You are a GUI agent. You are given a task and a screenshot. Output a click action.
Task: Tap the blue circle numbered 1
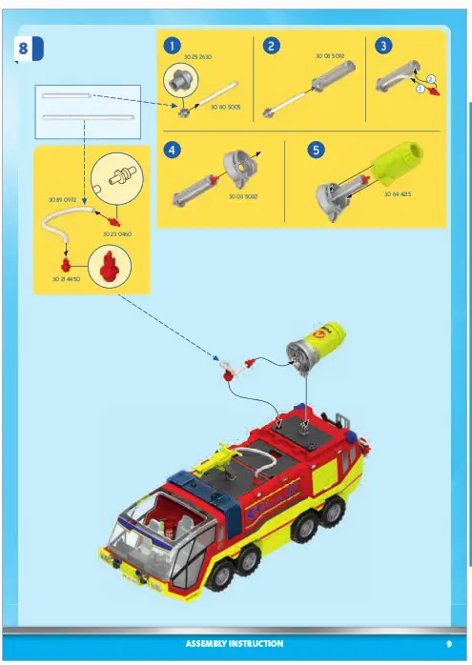[172, 46]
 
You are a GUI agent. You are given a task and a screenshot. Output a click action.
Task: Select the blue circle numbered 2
[272, 46]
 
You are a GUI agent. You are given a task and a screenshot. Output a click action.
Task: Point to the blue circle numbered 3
[382, 46]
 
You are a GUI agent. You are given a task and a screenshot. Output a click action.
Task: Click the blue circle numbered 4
[172, 149]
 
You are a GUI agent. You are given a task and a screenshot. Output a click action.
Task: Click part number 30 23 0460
[117, 233]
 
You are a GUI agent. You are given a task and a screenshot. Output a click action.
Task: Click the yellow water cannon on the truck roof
[220, 462]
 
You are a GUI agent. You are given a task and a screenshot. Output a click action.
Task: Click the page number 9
[447, 644]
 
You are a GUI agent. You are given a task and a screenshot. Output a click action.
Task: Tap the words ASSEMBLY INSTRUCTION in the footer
[234, 644]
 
